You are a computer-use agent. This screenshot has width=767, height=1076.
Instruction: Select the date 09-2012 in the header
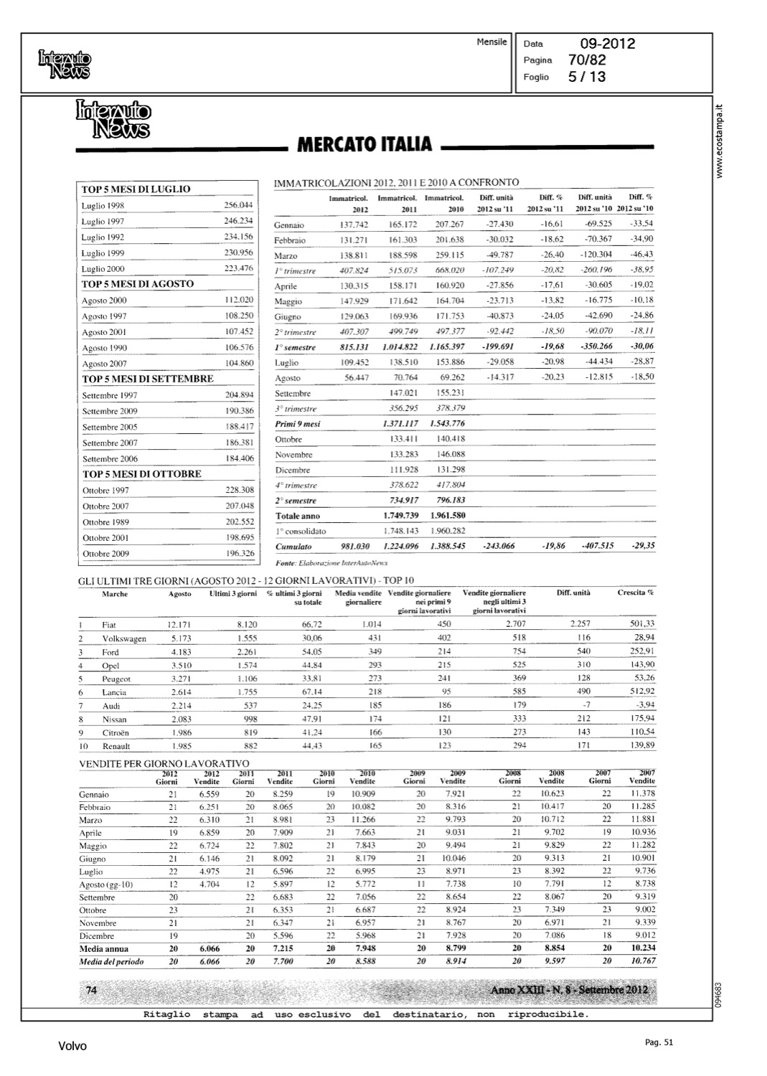608,44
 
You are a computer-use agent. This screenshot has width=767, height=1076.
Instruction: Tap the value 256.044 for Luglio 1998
239,205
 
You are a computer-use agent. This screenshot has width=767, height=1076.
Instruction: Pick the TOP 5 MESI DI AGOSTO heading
138,284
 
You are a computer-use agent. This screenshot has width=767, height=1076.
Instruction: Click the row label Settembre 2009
110,411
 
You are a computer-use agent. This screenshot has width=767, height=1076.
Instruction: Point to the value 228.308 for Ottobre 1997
240,490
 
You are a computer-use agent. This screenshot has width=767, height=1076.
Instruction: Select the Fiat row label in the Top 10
109,625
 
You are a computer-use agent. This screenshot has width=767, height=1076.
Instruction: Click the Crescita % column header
636,593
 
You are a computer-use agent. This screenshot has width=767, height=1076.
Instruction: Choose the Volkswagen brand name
124,638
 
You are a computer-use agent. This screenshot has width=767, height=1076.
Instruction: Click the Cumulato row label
293,547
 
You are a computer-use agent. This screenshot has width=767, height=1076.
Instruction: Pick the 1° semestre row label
296,347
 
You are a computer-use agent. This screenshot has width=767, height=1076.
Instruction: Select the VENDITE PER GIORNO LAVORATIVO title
164,763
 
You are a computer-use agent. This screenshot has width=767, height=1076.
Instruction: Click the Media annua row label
104,948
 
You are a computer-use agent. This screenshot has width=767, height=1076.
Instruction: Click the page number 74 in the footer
91,991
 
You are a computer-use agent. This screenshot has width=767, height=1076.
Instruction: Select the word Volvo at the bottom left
72,1047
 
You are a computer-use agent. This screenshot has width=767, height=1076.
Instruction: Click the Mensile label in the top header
491,42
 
